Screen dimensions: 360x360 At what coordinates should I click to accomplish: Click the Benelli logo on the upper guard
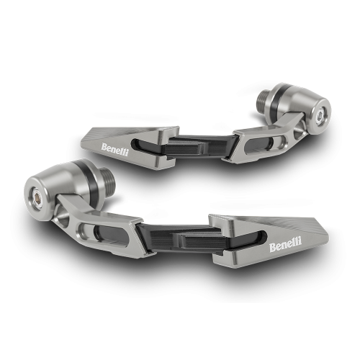click(114, 148)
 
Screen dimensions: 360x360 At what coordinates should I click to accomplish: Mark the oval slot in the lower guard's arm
click(99, 232)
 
